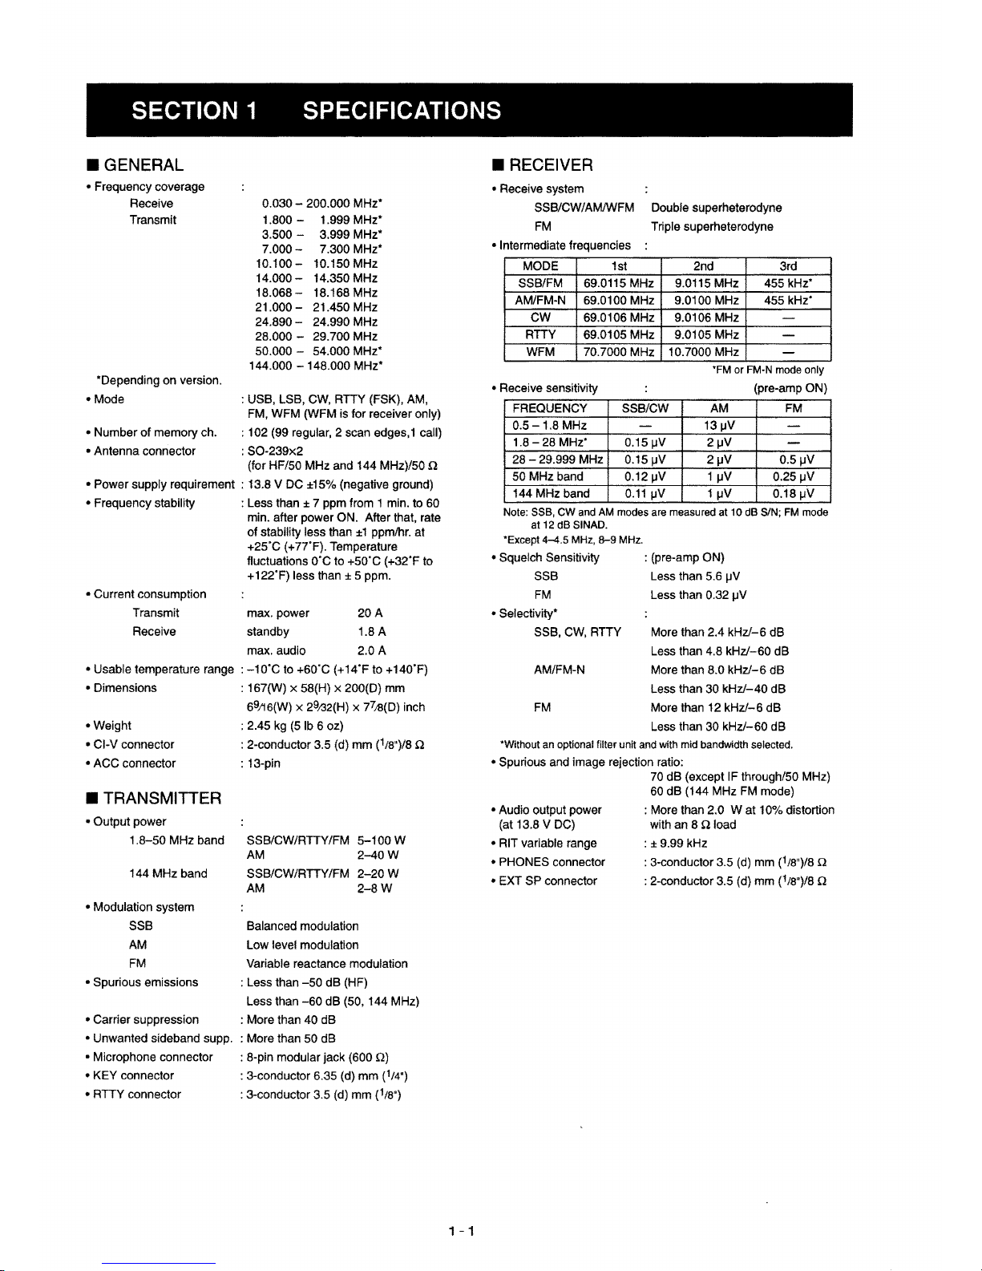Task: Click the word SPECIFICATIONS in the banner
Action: click(x=402, y=110)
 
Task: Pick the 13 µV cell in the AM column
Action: click(x=719, y=425)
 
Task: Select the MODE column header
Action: click(x=540, y=266)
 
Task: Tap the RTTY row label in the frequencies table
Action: click(x=540, y=334)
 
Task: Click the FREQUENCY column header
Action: click(x=550, y=408)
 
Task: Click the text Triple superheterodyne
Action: click(x=712, y=227)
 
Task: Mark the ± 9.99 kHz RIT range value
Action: click(x=679, y=844)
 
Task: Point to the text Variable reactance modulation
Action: click(x=327, y=964)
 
